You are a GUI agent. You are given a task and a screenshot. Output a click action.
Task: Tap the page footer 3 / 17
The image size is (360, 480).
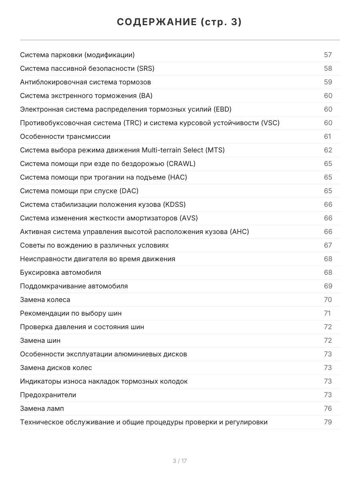click(x=180, y=461)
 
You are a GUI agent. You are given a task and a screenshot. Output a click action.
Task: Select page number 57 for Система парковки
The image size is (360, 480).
click(x=328, y=55)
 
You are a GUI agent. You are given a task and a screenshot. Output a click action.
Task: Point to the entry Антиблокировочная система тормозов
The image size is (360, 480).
click(x=86, y=82)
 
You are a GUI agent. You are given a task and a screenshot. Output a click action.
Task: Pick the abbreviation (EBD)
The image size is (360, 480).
click(x=222, y=109)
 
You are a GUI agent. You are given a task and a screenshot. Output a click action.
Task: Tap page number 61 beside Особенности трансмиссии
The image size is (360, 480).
click(x=328, y=136)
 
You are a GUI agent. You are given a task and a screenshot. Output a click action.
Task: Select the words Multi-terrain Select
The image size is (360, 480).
click(x=173, y=150)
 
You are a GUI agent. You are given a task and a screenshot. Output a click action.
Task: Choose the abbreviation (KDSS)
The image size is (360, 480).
click(x=174, y=204)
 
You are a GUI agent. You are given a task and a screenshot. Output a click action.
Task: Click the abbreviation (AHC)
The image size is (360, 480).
click(x=240, y=232)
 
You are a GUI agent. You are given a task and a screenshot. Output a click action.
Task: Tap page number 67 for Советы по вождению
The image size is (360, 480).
click(x=328, y=245)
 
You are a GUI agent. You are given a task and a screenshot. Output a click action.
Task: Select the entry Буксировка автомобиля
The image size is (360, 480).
click(x=61, y=272)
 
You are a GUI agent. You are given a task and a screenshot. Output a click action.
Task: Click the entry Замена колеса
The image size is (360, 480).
click(x=45, y=300)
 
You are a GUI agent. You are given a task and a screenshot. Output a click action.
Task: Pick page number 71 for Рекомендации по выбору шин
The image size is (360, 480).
click(x=328, y=313)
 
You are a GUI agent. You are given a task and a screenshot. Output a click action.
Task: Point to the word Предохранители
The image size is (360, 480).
click(x=48, y=395)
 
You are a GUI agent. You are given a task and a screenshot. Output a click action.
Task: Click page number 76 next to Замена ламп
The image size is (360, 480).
click(x=328, y=408)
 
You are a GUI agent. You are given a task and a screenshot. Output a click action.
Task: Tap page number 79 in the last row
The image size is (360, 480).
click(x=328, y=422)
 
